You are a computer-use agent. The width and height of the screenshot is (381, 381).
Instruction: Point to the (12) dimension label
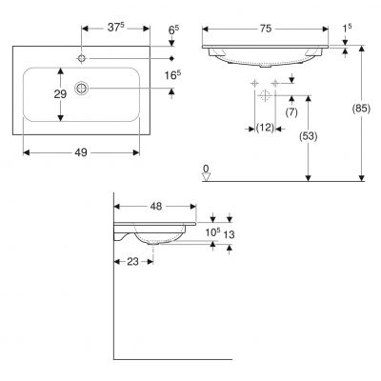coord(265,128)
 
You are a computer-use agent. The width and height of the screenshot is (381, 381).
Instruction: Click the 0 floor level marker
coord(206,169)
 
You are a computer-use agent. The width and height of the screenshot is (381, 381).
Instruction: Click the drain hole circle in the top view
coord(83,88)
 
